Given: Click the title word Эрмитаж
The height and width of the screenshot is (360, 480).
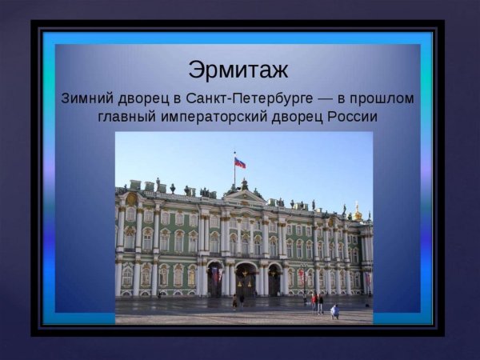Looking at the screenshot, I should [x=238, y=70].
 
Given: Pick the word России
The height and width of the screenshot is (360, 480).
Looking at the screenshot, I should [x=351, y=117].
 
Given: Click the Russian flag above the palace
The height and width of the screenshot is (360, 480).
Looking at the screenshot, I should [x=239, y=163].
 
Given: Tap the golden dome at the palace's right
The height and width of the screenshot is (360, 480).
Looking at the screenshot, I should [x=358, y=214].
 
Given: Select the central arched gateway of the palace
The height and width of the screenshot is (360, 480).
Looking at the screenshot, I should [x=245, y=280].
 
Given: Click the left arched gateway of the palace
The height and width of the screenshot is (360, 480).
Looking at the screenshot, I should [x=214, y=280].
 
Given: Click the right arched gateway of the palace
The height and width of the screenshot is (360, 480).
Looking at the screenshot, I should [x=274, y=281].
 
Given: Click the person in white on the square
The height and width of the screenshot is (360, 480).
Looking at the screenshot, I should [x=334, y=311].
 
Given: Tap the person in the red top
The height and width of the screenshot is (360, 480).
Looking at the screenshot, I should [x=313, y=301].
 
